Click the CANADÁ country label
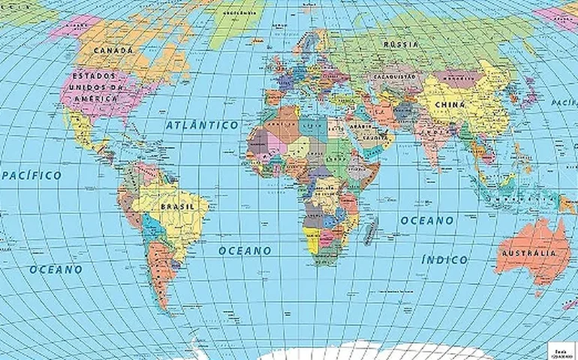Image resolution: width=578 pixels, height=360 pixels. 113,51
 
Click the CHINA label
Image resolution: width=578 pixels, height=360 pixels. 450,104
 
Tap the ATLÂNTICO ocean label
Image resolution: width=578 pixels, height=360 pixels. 203,124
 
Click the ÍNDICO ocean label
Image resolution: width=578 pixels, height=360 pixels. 444,259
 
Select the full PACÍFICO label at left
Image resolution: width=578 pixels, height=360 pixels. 32,175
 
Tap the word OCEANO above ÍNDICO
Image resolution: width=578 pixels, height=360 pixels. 426,220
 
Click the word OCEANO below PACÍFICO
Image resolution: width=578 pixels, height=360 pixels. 56,268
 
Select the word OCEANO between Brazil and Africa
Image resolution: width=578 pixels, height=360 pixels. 245,250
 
